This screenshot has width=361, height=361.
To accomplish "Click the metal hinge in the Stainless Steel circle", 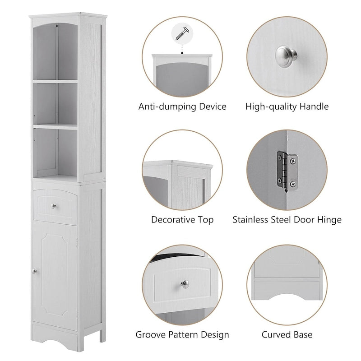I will click(282, 169).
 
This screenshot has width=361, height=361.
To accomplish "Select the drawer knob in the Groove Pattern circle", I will click(185, 283).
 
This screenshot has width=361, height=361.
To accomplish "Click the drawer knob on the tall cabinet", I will click(54, 206).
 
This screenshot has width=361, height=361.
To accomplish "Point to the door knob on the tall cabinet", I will click(34, 271).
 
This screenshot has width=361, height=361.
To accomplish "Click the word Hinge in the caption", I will click(329, 220).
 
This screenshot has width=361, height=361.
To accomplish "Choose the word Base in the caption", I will click(304, 335).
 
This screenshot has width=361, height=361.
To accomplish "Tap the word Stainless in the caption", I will click(251, 220).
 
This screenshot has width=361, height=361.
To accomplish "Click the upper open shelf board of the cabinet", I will click(55, 81).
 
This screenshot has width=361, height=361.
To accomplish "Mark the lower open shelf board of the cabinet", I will click(55, 127).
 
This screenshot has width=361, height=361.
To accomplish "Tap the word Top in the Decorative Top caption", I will click(205, 220).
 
